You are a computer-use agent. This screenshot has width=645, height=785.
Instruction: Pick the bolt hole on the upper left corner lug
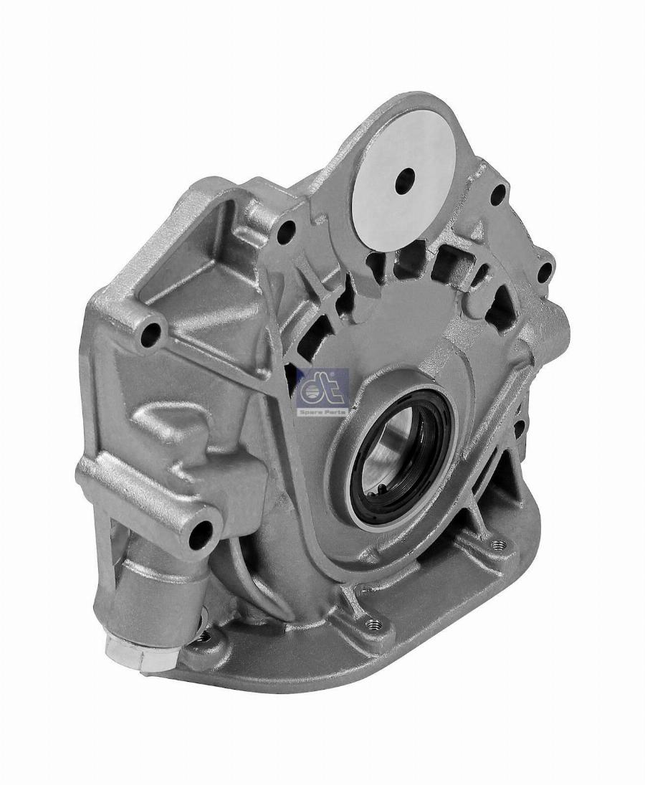[150, 331]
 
